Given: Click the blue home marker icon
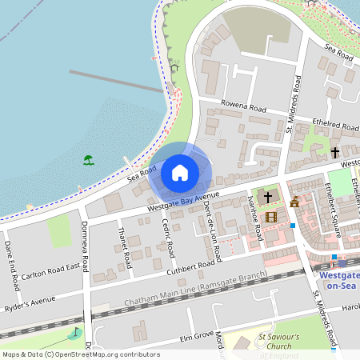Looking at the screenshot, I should [x=180, y=172].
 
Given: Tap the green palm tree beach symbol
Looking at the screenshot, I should [x=88, y=160].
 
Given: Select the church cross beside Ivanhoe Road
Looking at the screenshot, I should [x=267, y=196].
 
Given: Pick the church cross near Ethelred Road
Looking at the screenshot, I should [x=335, y=151].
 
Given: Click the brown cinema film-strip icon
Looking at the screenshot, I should [x=271, y=216].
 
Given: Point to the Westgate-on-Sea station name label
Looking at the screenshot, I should [x=338, y=279].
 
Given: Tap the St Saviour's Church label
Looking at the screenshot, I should [x=279, y=342].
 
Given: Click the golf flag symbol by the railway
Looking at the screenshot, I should [x=77, y=332].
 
